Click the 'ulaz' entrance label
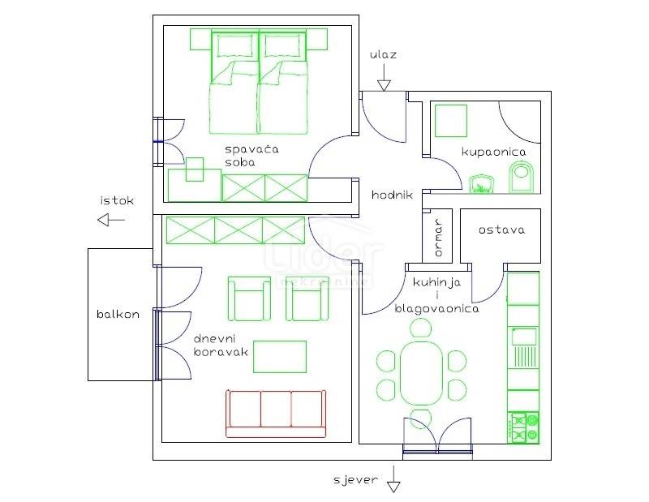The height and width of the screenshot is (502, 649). point(383,54)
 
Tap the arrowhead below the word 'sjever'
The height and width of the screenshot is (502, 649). point(393,487)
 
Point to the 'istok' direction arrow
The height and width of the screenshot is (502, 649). point(111,220)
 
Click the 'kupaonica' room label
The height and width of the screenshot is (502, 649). point(493,152)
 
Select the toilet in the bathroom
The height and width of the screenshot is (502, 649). point(522,178)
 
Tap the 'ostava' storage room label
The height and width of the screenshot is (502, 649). point(501,230)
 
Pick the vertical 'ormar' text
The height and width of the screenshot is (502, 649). point(438,238)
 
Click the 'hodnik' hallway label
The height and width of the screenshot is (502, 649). point(392,195)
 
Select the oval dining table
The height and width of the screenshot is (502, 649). point(422,373)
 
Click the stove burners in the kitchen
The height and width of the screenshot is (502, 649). point(523,427)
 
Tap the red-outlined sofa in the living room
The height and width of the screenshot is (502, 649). point(276,413)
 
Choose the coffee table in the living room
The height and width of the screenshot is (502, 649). point(280,357)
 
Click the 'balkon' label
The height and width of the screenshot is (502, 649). point(118,314)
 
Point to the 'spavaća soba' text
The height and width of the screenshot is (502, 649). point(251,156)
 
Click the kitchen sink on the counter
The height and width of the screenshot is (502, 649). point(524,337)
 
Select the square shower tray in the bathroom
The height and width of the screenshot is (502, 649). point(451,121)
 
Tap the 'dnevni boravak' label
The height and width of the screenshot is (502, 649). point(221,345)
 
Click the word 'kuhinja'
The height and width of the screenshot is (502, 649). point(436,283)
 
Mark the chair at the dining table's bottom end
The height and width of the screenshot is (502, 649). point(421,418)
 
